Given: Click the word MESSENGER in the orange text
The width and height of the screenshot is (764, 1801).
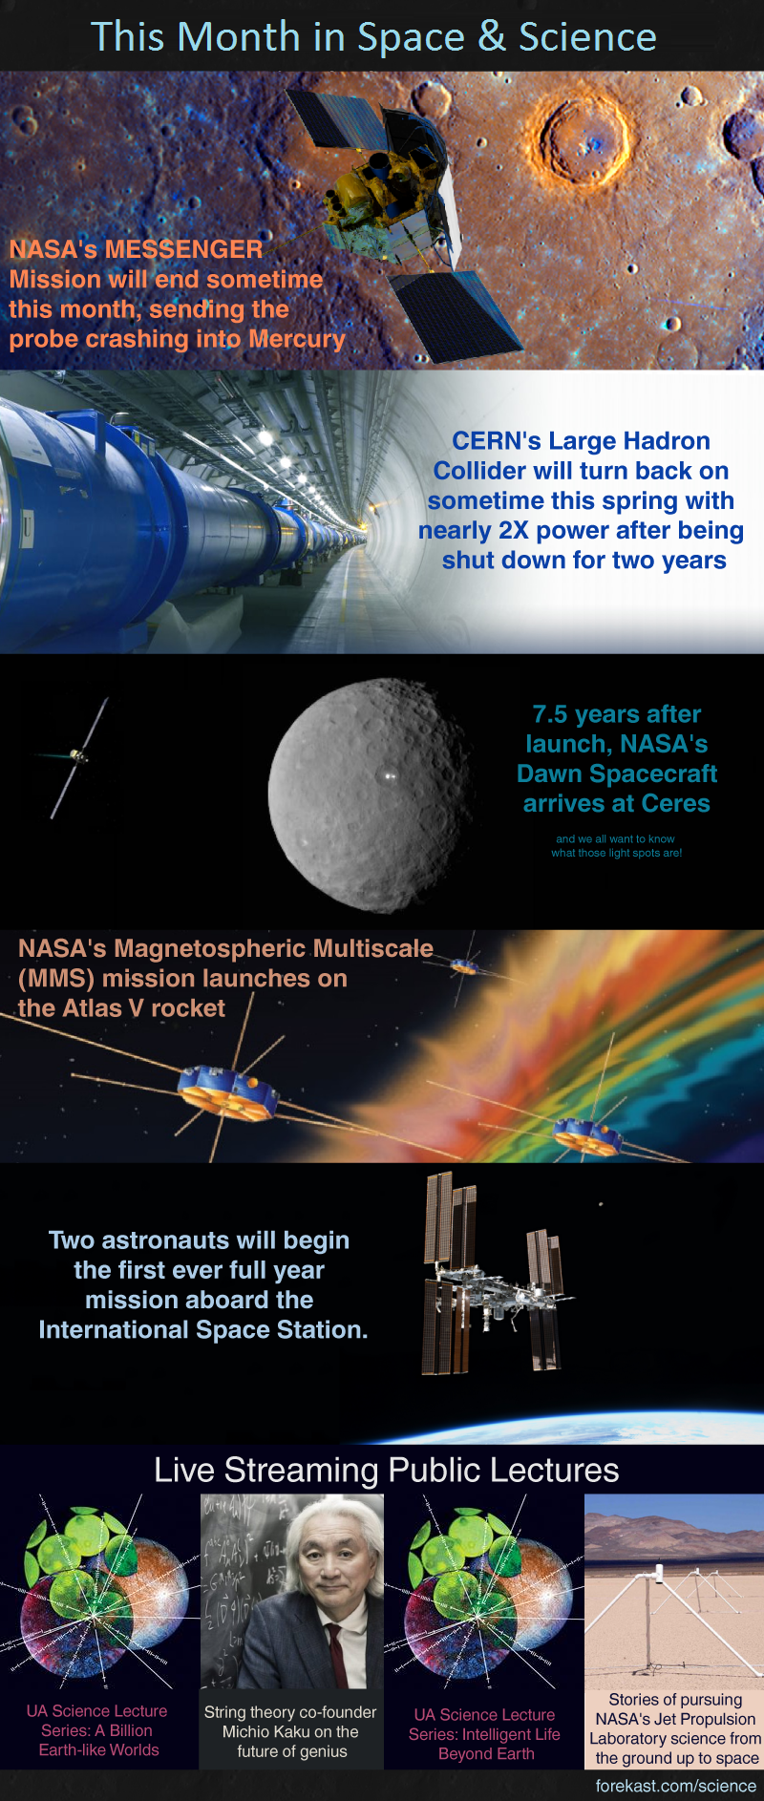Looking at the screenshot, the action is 183,249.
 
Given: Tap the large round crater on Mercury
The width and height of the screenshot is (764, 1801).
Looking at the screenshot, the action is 584,140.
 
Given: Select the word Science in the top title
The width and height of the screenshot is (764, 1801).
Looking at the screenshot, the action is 587,37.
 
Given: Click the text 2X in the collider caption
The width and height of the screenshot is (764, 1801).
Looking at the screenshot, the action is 514,530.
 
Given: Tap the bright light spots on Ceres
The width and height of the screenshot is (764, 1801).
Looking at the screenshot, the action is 389,776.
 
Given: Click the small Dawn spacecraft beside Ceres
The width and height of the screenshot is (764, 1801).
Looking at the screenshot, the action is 79,757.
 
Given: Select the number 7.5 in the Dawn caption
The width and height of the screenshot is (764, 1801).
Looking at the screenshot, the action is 550,714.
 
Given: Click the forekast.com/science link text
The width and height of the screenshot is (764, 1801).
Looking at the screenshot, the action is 676,1785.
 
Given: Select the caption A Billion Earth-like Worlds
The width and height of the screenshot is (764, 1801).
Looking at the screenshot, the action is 99,1740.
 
